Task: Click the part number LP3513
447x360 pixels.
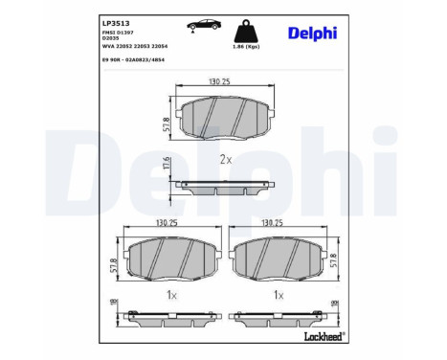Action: [116, 21]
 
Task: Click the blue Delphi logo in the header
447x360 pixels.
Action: [311, 34]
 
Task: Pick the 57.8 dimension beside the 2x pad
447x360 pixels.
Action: [167, 122]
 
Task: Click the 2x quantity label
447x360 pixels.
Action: [226, 160]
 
